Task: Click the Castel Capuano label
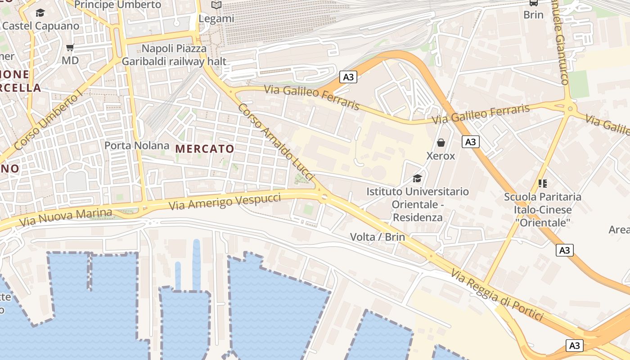40,26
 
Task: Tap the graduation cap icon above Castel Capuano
40,13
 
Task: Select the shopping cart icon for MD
70,47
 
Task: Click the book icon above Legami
216,5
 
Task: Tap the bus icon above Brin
533,3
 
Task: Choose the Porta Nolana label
137,145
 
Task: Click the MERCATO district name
205,148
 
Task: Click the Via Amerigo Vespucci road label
225,201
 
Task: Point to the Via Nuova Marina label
65,217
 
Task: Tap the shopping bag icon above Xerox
441,143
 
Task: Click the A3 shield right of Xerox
470,142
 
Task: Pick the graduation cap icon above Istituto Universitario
417,178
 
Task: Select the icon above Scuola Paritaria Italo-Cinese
542,183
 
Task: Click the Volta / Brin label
378,237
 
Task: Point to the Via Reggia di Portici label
497,295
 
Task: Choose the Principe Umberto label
117,4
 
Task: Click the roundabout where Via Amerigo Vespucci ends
324,197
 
